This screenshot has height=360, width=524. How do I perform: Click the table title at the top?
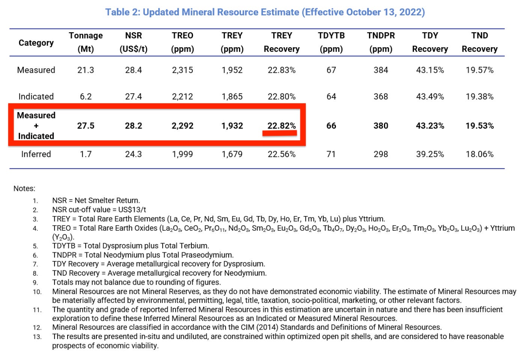click(265, 12)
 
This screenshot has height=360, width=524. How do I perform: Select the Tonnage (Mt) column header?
click(86, 42)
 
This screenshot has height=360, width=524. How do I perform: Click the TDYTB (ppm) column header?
click(331, 42)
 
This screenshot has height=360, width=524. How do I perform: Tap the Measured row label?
click(36, 70)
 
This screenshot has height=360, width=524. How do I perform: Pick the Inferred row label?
click(36, 154)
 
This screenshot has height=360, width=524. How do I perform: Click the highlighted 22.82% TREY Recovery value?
click(282, 126)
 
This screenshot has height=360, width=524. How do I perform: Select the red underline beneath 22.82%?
click(280, 133)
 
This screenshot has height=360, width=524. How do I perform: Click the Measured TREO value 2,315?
click(182, 70)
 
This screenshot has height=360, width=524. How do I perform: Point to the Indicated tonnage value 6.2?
click(86, 97)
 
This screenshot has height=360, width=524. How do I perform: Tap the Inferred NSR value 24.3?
click(133, 154)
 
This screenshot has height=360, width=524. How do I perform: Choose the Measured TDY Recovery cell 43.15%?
click(430, 70)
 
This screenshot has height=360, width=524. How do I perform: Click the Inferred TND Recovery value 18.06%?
click(479, 154)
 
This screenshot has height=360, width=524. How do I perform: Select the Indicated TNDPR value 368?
click(381, 97)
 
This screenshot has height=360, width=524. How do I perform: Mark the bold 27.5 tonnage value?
click(86, 126)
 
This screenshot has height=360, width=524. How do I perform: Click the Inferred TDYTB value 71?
click(331, 154)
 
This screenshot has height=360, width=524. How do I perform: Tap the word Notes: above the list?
click(24, 189)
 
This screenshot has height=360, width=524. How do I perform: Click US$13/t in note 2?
click(132, 210)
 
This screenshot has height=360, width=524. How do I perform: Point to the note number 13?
click(37, 337)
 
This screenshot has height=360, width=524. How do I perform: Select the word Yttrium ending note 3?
click(371, 219)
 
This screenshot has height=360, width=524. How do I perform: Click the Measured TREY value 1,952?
click(232, 70)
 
